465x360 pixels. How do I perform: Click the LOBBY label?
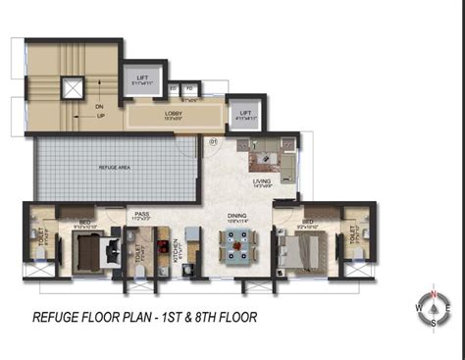coord(174,114)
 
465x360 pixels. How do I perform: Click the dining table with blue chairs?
coord(236,246)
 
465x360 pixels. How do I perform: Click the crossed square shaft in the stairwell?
coord(73,87)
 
